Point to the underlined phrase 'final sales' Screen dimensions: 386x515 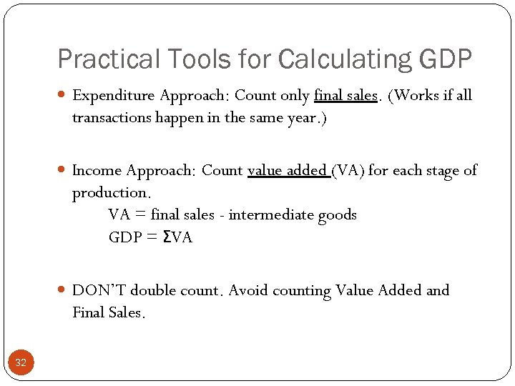(x=345, y=95)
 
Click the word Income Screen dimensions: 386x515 (x=97, y=170)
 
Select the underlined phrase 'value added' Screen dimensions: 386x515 (x=288, y=170)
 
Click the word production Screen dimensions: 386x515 (x=111, y=193)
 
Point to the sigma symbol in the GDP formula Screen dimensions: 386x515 (x=167, y=237)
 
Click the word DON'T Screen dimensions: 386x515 (x=99, y=290)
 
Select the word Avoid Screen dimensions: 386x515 (x=249, y=290)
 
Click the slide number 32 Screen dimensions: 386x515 (x=21, y=363)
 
